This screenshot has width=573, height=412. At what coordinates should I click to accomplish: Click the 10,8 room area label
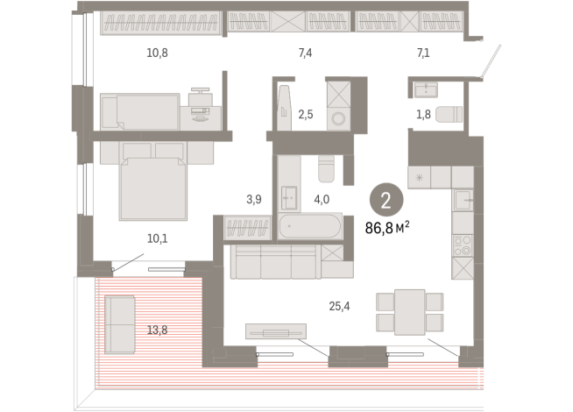click(157, 53)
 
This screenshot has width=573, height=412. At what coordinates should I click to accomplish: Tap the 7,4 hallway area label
click(305, 53)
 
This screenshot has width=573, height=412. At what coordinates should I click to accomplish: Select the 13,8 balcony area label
click(157, 330)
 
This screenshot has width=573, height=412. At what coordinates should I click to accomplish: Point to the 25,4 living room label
click(339, 306)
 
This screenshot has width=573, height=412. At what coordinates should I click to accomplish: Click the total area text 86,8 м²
click(387, 227)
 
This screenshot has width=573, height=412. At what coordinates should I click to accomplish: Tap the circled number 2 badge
click(386, 200)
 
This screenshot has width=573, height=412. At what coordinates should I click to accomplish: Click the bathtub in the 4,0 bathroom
click(310, 226)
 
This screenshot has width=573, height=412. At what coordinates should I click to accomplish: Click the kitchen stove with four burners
click(463, 245)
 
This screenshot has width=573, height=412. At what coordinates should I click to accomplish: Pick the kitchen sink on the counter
click(463, 200)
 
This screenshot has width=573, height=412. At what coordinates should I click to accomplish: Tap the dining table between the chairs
click(410, 312)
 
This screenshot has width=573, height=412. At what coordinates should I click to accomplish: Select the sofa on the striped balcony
click(120, 325)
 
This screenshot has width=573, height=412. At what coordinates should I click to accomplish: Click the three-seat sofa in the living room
click(275, 262)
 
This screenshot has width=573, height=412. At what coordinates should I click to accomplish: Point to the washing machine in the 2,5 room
click(338, 118)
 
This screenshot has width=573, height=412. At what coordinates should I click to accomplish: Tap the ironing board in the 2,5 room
click(284, 107)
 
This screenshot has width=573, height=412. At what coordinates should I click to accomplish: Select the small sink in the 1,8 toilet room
click(426, 89)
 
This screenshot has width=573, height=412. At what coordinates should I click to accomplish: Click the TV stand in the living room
click(276, 331)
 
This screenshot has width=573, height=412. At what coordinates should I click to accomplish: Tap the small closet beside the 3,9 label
click(247, 228)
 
